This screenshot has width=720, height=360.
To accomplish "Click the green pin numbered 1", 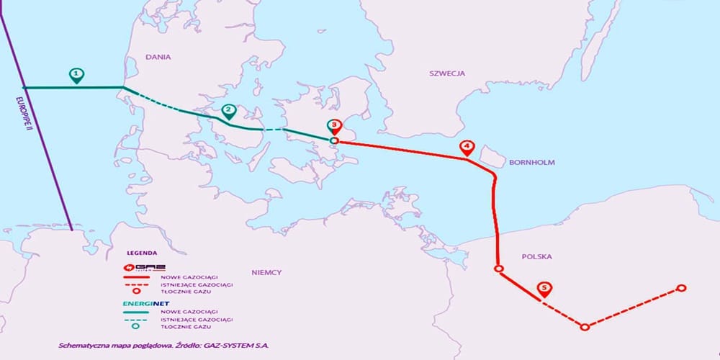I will click(76, 74).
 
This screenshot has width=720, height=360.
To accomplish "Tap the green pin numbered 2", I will click(229, 112).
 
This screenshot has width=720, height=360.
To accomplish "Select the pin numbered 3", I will click(334, 126).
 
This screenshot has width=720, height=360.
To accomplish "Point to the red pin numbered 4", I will click(467, 148).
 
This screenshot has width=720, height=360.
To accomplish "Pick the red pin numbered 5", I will click(544, 289).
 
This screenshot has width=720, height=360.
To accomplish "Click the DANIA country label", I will click(157, 55).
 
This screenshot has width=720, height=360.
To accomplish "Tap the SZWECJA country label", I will click(447, 73).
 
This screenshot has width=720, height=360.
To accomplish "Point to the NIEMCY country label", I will click(266, 272).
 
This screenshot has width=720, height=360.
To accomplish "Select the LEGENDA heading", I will click(140, 254).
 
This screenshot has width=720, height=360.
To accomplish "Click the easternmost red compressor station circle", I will click(680, 288).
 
